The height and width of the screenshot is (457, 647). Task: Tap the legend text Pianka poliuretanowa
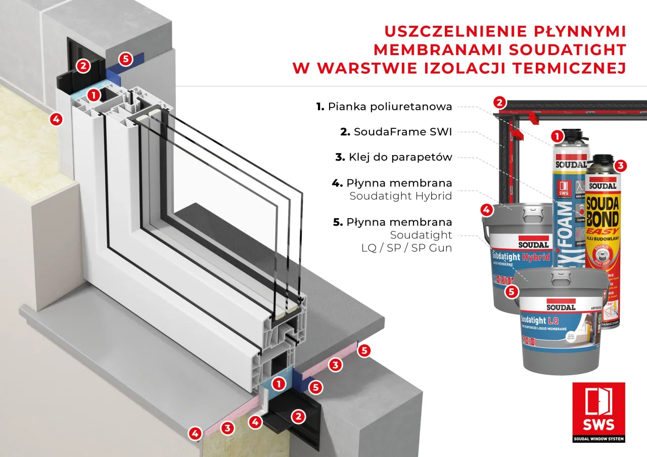pos(390,107)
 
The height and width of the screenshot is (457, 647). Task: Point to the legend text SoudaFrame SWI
pos(403,132)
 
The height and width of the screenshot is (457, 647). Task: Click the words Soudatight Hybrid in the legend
pos(400,196)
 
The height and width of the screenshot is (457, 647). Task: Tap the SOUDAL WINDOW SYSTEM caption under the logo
pos(598,439)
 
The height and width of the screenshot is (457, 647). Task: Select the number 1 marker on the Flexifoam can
pos(557,136)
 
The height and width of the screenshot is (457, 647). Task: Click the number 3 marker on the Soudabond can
pos(621,165)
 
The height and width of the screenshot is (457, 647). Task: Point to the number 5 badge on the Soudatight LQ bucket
pos(512,291)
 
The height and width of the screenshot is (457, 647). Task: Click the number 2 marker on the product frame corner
pos(499,102)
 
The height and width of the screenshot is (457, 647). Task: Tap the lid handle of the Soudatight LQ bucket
pos(563,275)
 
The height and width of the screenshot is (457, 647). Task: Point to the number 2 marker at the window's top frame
pos(83,65)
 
